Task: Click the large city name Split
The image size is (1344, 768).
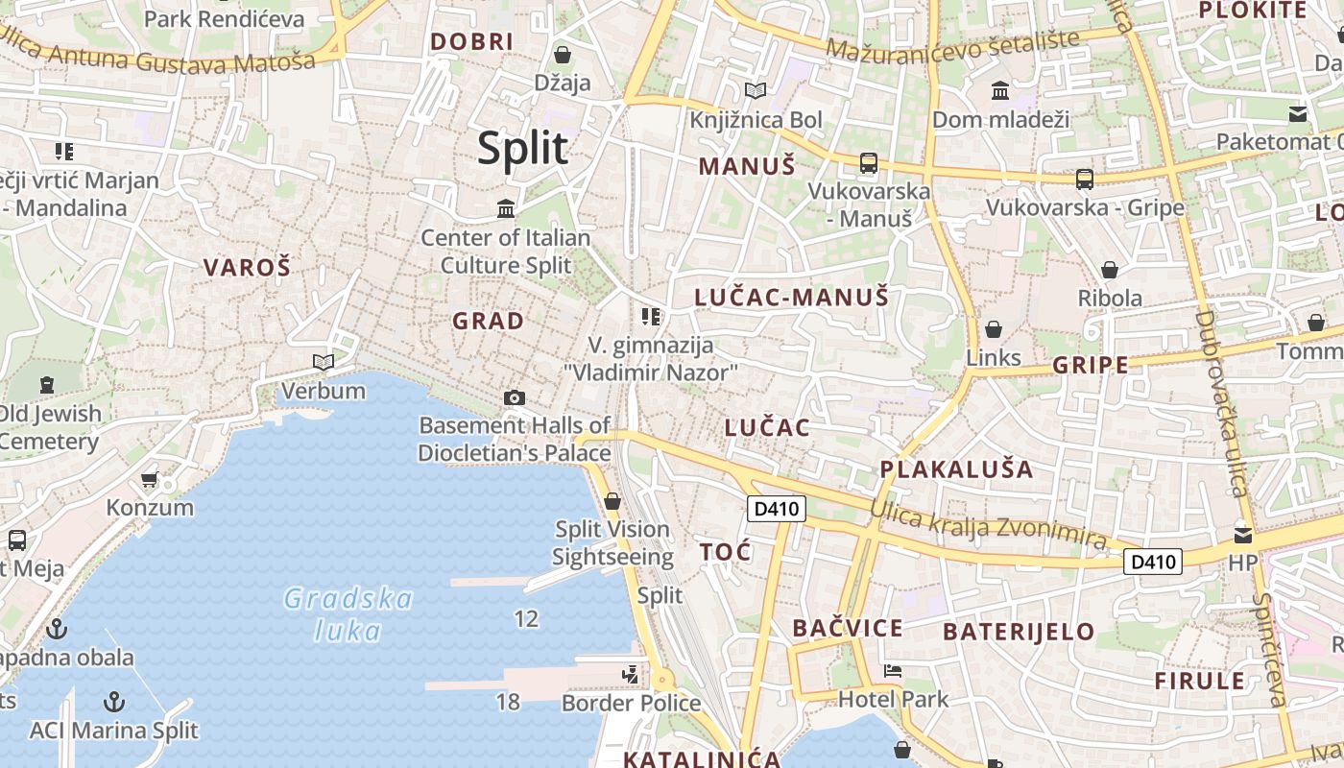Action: (x=523, y=149)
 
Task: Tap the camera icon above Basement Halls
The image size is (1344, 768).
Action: (x=515, y=397)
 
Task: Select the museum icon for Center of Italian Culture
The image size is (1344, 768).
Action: (x=506, y=208)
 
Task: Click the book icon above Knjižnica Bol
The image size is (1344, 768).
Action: (x=756, y=91)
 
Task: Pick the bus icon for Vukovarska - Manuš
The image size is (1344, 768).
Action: (x=869, y=163)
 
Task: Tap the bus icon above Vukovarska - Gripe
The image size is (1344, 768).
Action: (x=1085, y=180)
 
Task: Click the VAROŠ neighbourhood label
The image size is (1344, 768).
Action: (x=247, y=268)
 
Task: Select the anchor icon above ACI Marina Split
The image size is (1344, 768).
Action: (x=114, y=701)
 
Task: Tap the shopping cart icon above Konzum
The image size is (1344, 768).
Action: (x=149, y=479)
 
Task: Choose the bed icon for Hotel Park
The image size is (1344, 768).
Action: (x=893, y=671)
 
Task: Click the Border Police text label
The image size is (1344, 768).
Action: (x=631, y=704)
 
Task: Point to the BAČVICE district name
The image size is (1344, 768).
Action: (x=847, y=629)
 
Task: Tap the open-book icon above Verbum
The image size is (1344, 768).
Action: (x=324, y=362)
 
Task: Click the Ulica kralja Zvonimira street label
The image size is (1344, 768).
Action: (x=989, y=525)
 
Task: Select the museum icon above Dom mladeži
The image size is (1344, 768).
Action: (x=1000, y=91)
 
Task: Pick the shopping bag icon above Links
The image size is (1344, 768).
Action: (x=994, y=329)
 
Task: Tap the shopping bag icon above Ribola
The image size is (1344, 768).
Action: (x=1110, y=270)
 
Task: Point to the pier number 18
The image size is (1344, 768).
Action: (x=508, y=702)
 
